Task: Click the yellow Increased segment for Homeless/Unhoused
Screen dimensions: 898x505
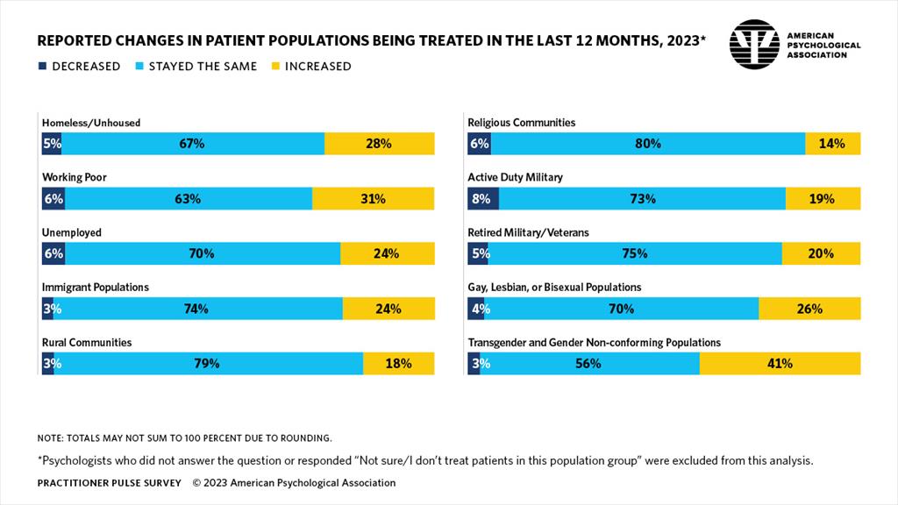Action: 379,144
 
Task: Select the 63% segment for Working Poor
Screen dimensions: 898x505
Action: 188,199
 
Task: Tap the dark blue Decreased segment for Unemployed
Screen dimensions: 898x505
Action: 53,253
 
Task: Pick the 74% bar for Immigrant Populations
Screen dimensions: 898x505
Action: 196,309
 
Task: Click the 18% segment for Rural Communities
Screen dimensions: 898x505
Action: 398,363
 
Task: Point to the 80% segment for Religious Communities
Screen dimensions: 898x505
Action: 648,144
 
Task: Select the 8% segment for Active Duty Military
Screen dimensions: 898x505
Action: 483,199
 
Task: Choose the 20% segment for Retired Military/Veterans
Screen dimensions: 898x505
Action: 822,253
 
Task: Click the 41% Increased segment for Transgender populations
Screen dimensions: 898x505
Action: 780,363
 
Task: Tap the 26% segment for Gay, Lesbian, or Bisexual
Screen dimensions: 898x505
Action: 809,309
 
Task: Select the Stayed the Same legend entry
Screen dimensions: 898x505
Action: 196,67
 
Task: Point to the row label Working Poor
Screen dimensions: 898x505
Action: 75,177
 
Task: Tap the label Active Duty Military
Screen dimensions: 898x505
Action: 515,177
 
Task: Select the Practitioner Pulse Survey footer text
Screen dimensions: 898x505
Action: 109,483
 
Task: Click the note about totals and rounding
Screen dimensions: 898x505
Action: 184,437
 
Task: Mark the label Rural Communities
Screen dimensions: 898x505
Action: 87,342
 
